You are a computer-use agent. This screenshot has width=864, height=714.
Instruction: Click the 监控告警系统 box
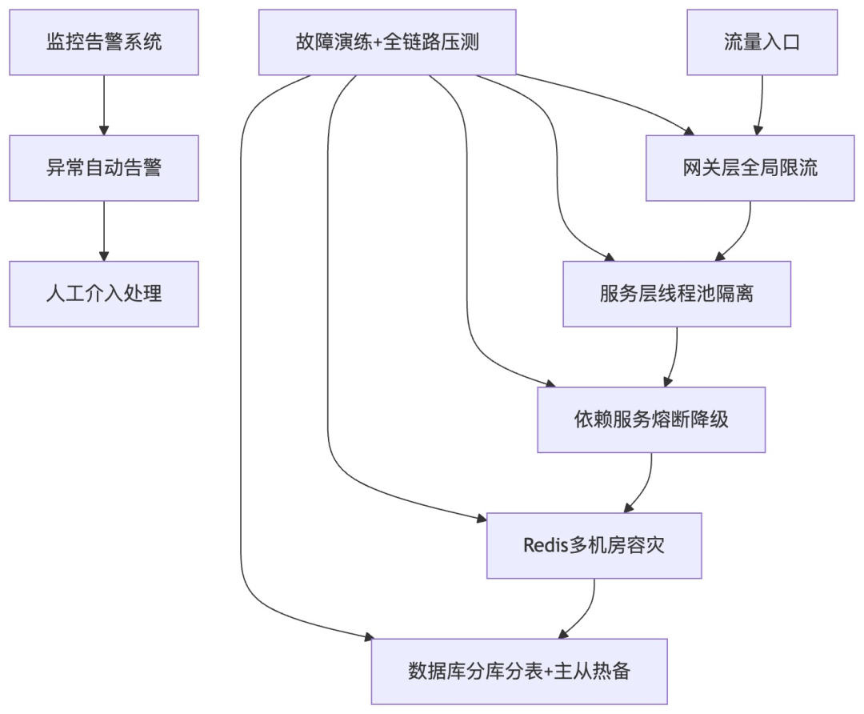click(104, 42)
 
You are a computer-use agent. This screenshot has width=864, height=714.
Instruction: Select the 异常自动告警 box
click(104, 168)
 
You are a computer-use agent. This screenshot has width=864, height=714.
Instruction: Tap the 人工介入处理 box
click(104, 294)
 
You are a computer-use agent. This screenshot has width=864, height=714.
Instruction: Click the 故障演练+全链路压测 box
click(387, 42)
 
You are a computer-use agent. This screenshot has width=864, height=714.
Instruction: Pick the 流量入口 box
click(762, 42)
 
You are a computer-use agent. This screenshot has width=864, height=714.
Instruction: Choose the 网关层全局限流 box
click(750, 168)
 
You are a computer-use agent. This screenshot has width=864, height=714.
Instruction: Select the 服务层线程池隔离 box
click(677, 294)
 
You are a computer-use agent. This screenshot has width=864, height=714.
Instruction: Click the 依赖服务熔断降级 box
click(651, 419)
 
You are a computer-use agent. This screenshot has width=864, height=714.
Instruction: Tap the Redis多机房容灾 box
click(594, 546)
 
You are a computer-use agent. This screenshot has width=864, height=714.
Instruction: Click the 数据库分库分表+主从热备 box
click(519, 672)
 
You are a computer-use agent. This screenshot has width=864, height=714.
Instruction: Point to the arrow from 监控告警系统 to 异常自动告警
click(104, 105)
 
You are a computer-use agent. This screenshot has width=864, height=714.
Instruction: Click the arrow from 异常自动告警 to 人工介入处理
click(104, 231)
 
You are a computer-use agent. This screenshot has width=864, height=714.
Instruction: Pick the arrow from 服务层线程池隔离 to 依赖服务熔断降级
click(674, 357)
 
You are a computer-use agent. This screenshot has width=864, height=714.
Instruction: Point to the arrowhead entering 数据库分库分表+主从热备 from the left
click(369, 637)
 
